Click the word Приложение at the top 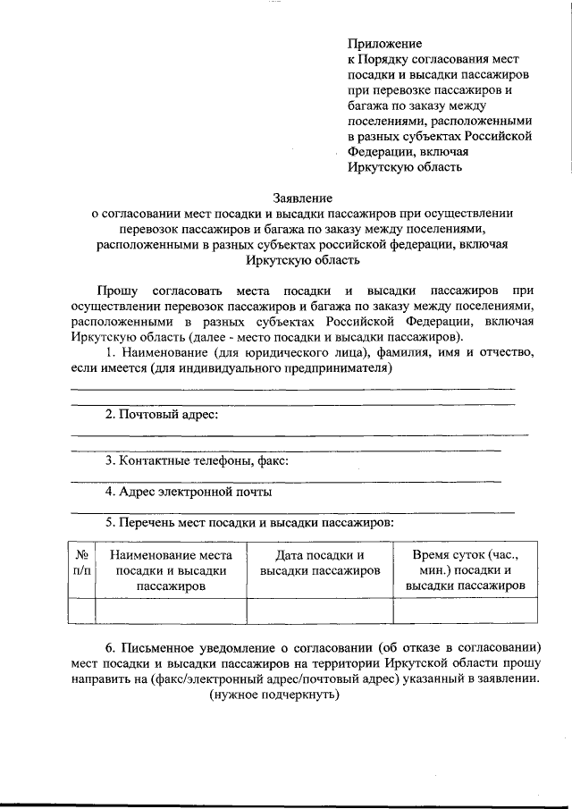(384, 43)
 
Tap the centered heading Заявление (302, 198)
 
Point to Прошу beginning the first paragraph (119, 291)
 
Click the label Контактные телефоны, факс (197, 461)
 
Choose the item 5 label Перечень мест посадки (249, 522)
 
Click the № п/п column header (80, 562)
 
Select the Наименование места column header (171, 570)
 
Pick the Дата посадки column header (319, 562)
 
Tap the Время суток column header (465, 569)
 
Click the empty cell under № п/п (80, 610)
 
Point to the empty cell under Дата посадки (319, 610)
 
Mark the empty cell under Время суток (465, 610)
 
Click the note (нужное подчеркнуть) (274, 694)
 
